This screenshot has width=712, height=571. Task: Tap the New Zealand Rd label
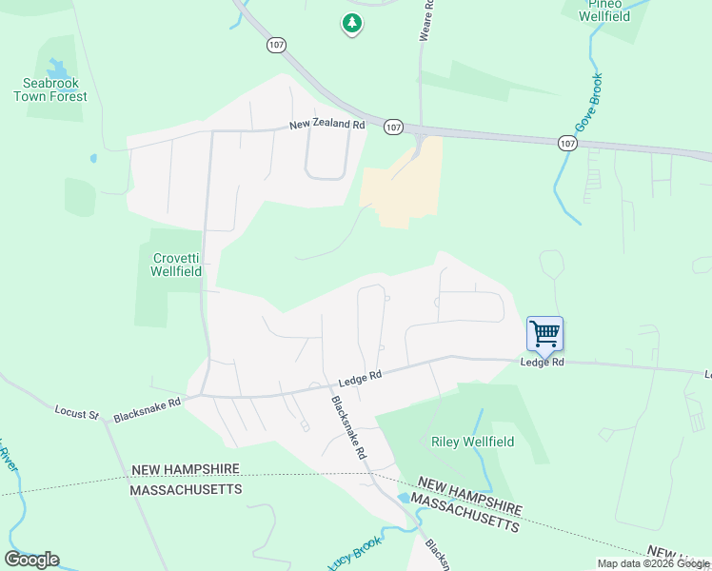[x=327, y=125]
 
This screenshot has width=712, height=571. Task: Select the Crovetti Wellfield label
[x=177, y=264]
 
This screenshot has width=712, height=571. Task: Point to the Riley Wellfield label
[x=472, y=442]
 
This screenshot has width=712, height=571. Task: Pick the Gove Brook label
[x=587, y=103]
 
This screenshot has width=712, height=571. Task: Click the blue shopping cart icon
[x=544, y=334]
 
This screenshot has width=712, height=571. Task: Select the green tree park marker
[x=352, y=23]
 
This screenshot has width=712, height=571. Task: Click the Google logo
[x=31, y=560]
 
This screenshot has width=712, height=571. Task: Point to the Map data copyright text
[x=654, y=563]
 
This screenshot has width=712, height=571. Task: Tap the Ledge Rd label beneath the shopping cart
[x=542, y=363]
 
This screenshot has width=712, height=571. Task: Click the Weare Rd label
[x=426, y=19]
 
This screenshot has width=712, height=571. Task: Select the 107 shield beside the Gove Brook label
[x=567, y=143]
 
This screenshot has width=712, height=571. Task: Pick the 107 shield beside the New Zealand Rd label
[x=393, y=126]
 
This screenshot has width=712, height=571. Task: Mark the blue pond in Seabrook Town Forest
[x=57, y=68]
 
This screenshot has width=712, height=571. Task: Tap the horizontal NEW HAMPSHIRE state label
[x=185, y=470]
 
